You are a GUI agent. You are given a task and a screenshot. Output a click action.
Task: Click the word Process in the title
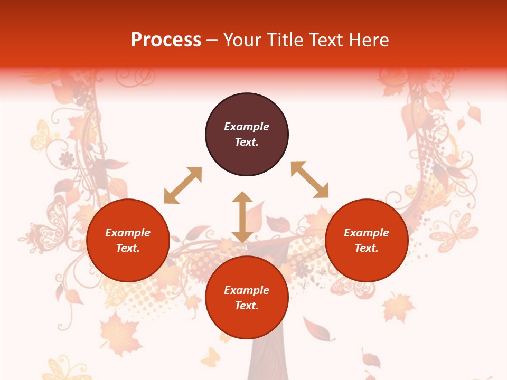pyautogui.click(x=166, y=40)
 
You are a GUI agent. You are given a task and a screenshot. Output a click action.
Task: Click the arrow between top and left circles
pyautogui.click(x=183, y=185)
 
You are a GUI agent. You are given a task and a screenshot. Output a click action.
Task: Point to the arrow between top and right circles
pyautogui.click(x=309, y=179)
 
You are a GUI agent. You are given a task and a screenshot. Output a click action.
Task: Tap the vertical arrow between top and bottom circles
pyautogui.click(x=242, y=217)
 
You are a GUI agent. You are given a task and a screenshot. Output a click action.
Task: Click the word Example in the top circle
pyautogui.click(x=247, y=127)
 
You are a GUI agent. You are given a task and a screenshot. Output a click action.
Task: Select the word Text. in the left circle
pyautogui.click(x=128, y=248)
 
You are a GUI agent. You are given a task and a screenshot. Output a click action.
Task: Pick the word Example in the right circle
pyautogui.click(x=367, y=233)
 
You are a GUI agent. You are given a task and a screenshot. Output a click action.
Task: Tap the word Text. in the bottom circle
pyautogui.click(x=247, y=306)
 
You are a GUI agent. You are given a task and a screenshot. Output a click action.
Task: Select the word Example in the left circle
pyautogui.click(x=128, y=233)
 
